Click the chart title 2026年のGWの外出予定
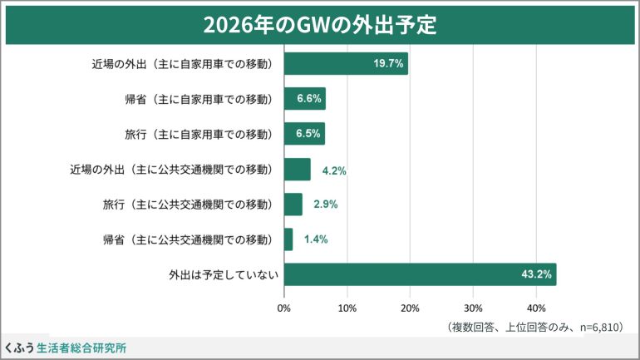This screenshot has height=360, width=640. coord(320,24)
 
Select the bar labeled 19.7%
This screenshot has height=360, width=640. coord(346,64)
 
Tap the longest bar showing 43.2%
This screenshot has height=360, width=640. coord(420,274)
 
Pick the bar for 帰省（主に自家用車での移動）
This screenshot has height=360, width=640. coord(304,99)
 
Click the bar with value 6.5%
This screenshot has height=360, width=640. coord(304,134)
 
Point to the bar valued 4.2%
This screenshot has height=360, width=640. coord(297,170)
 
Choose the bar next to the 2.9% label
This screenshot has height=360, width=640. coord(293,205)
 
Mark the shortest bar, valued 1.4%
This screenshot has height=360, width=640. coord(288,239)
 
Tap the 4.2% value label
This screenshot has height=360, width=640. coord(334,170)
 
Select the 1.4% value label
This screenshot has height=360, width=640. coord(316,239)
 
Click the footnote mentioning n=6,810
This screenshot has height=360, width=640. coord(535,328)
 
